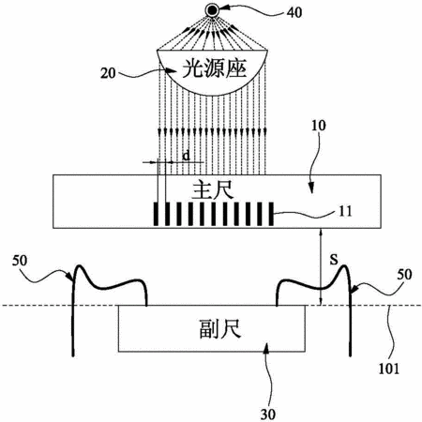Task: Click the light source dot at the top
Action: pos(212,11)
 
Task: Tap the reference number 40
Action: pos(294,13)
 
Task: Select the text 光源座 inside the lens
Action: pos(215,69)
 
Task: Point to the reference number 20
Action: pos(108,73)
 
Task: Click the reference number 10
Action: pos(318,126)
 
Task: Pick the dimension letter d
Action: pos(187,155)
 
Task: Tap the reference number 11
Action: pos(345,212)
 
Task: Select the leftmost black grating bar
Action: pos(156,214)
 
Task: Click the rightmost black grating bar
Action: pos(271,214)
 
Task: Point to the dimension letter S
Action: pos(334,260)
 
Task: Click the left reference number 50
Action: pos(20,261)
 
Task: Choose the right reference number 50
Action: pos(404,275)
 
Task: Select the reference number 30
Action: pos(268,414)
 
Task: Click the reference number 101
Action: pos(389,369)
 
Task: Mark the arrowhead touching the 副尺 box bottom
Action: pos(266,348)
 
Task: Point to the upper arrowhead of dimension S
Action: pos(320,232)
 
